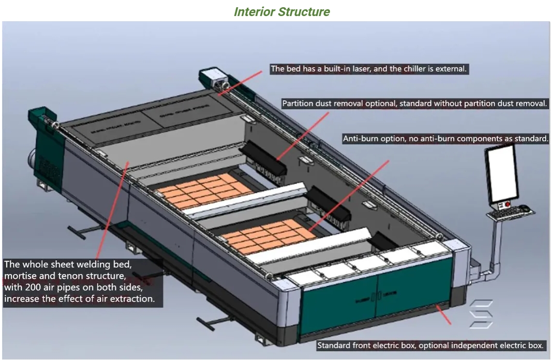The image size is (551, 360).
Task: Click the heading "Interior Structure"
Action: [x=281, y=11]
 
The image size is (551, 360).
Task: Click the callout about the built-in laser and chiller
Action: [x=369, y=69]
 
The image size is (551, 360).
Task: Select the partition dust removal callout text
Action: [x=414, y=103]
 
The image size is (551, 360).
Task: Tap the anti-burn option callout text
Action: [x=445, y=139]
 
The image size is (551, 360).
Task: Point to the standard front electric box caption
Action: [x=430, y=345]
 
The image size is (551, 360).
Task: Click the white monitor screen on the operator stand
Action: [x=500, y=173]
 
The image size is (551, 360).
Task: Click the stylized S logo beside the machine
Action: [x=481, y=313]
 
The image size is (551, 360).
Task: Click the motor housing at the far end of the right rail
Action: [x=215, y=79]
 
